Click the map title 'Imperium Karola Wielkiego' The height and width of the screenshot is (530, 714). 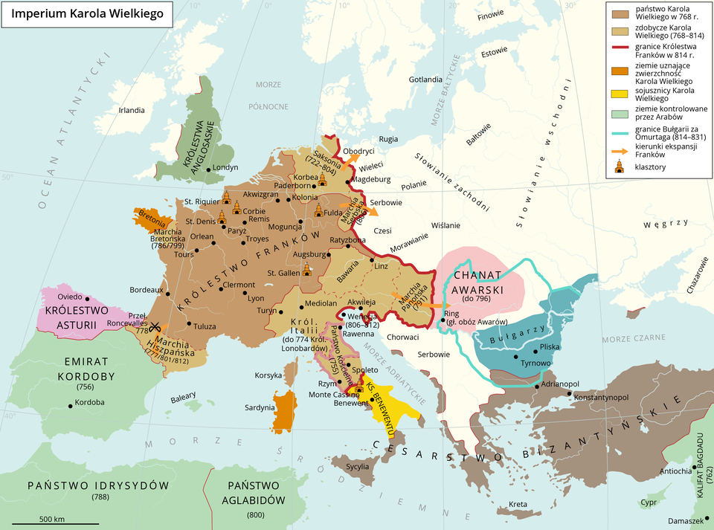88,13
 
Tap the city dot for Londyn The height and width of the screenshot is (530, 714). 208,168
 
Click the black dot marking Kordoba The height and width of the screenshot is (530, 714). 71,405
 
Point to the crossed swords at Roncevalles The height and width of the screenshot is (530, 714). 155,326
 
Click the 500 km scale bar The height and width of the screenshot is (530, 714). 56,523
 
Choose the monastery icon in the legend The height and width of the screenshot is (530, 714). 619,168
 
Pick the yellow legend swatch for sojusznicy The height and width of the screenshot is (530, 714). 619,94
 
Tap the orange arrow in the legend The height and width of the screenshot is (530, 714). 619,149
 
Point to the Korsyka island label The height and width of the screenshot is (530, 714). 269,375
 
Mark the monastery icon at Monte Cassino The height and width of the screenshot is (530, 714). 359,388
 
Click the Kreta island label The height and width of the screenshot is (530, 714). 518,505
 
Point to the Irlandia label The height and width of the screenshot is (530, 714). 132,110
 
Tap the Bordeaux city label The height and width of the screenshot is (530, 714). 146,289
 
